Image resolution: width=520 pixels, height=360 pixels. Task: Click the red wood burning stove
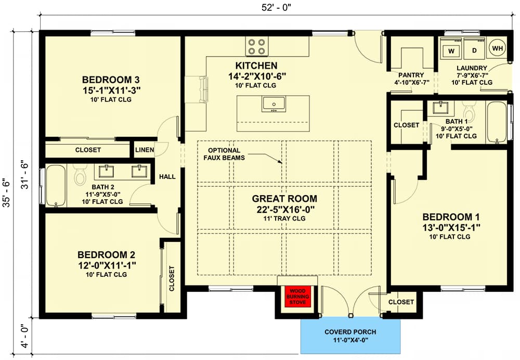point(297,297)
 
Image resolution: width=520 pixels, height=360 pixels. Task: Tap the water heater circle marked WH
point(498,48)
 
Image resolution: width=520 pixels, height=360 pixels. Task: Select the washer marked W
point(451,48)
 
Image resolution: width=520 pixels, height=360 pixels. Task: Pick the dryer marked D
point(474,48)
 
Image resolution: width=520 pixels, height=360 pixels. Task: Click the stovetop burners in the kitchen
point(257,46)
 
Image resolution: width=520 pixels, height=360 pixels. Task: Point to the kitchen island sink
point(274,104)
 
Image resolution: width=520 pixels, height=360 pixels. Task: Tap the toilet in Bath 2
point(80,173)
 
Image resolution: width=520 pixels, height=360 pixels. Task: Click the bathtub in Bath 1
point(497,122)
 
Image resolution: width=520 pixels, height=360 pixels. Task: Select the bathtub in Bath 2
point(56,186)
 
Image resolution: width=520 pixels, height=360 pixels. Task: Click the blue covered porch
point(350,336)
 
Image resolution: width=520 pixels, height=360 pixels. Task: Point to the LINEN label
point(145,150)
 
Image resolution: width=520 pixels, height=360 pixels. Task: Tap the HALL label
point(167,177)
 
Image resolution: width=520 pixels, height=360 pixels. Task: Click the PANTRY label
point(411,75)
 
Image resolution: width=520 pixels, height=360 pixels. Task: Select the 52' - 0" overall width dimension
point(276,8)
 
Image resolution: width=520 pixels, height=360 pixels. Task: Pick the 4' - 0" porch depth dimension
point(24,336)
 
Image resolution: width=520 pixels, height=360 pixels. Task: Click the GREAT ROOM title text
point(284,199)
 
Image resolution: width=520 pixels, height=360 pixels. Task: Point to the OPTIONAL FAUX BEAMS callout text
point(224,155)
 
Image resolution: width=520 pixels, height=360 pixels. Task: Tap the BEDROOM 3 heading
point(111,80)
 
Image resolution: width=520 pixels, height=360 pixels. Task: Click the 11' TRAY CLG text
point(284,218)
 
